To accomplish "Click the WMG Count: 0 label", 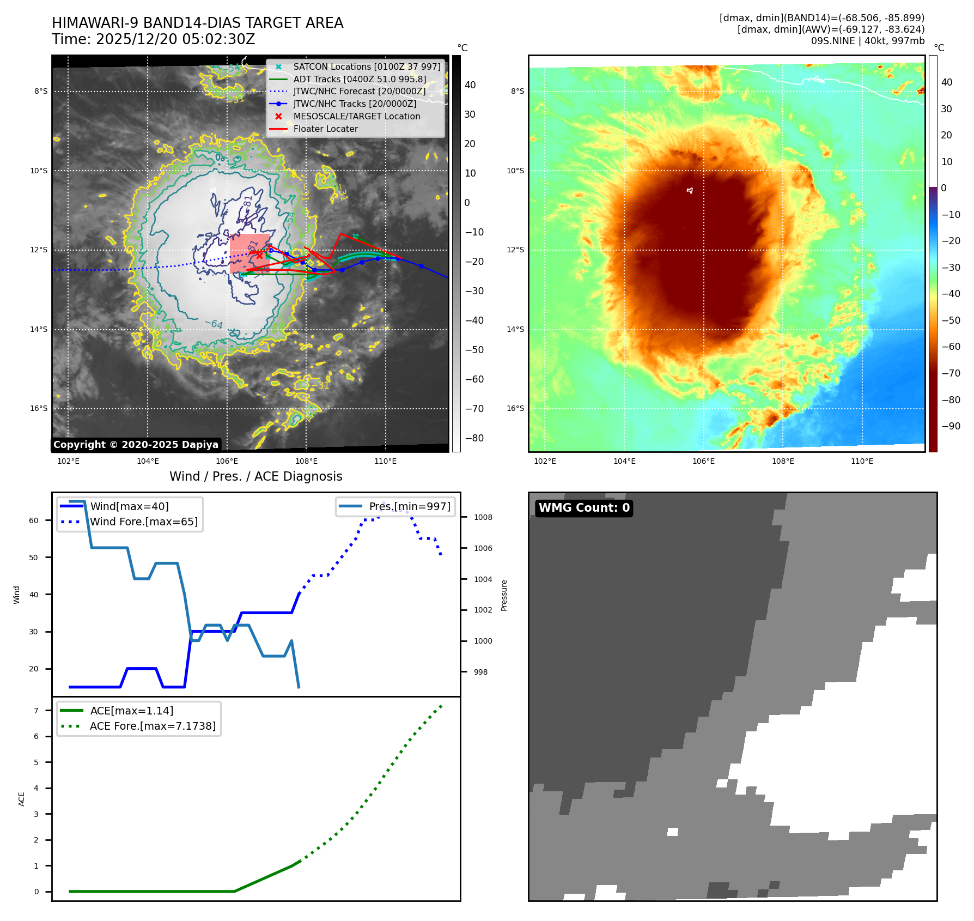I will tap(583, 508).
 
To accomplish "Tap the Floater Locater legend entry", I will tap(325, 129).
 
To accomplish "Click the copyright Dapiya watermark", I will tap(136, 445).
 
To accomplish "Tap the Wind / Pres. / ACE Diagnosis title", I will tap(255, 476).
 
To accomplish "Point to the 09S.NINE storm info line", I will tap(867, 41).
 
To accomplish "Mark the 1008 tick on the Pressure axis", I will tap(483, 517).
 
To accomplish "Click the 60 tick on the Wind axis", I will tap(34, 520).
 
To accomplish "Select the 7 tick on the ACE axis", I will tap(36, 711).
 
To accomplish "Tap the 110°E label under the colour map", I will tap(862, 461).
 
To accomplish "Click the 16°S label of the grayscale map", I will tap(39, 408).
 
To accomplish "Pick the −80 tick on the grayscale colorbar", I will tap(474, 438).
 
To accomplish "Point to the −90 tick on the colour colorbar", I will tap(951, 426).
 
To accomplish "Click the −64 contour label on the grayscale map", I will tap(214, 324).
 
